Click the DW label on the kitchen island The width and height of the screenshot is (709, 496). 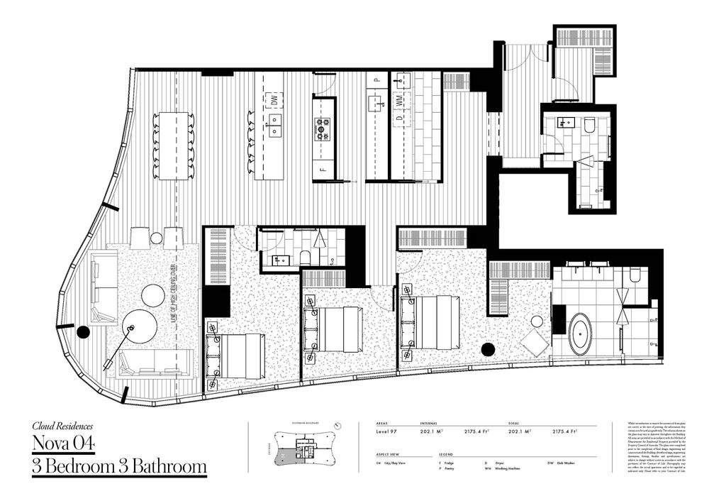tap(272, 100)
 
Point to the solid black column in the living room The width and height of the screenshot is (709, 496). tap(83, 331)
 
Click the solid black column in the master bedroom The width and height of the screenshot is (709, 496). tap(487, 349)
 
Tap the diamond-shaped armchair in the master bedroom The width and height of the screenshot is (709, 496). tap(535, 343)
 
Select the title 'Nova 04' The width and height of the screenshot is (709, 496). tap(64, 445)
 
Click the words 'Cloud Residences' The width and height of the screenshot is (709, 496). tap(62, 427)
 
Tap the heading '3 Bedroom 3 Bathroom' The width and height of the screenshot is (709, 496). tap(119, 467)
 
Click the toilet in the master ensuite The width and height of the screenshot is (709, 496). tap(635, 274)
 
